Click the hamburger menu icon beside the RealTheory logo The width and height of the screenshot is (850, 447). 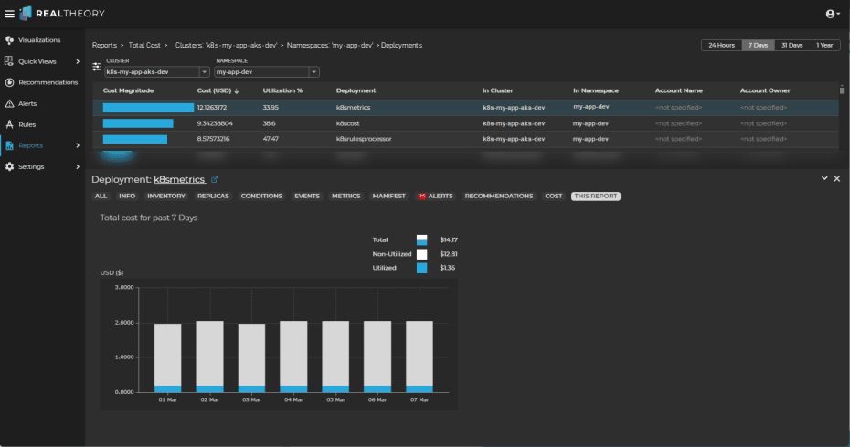tap(9, 14)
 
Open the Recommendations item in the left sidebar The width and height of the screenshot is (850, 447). tap(47, 82)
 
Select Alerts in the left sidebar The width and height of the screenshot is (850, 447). tap(27, 103)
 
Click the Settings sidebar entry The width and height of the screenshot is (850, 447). tap(30, 166)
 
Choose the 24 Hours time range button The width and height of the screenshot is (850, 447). tap(719, 45)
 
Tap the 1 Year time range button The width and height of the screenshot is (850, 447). tap(824, 45)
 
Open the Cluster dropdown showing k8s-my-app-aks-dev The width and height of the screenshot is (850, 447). tap(157, 71)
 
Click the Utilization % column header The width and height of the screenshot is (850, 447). tap(282, 90)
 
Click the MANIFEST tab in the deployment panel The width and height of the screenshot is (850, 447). tap(389, 196)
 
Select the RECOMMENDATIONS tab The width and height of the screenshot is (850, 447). tap(498, 196)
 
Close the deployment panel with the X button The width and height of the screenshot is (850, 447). tap(836, 178)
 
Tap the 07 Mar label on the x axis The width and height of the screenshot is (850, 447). tap(419, 399)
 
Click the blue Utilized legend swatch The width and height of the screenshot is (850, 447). tap(421, 268)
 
